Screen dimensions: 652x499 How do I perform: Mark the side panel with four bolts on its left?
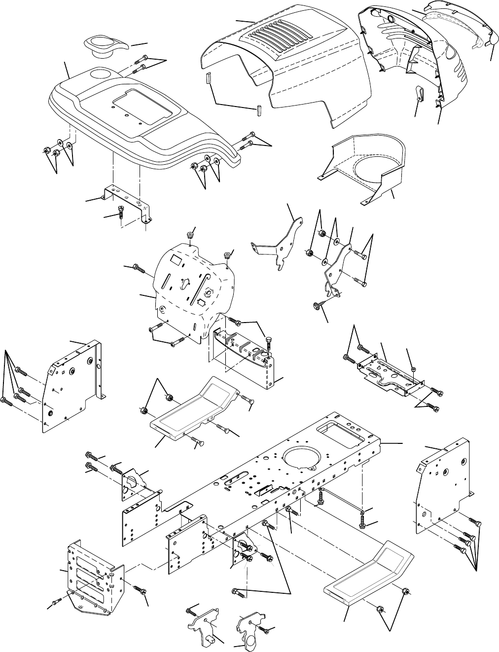[x=74, y=385]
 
